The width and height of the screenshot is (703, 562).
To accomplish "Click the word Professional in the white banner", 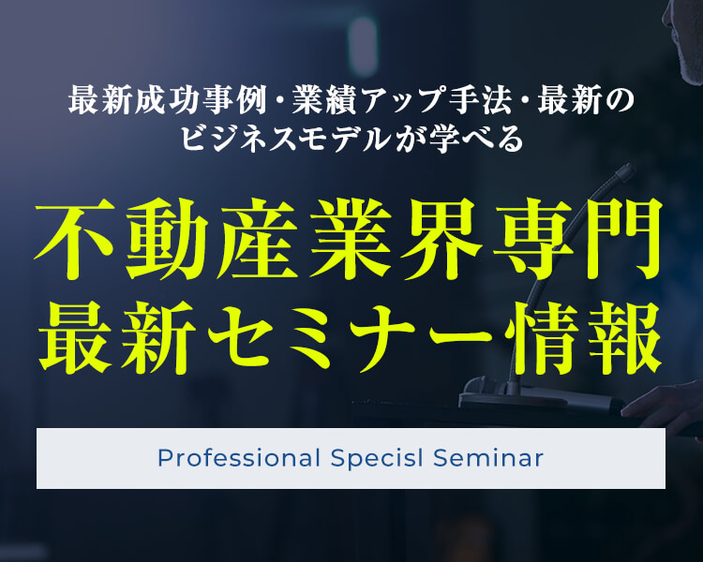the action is (x=238, y=458).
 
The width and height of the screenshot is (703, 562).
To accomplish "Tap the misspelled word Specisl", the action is (x=377, y=458).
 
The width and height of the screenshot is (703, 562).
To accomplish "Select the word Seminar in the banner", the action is (x=488, y=458).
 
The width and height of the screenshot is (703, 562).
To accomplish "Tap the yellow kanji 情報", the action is (x=584, y=338).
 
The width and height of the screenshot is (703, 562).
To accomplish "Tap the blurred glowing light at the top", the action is (x=362, y=46).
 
